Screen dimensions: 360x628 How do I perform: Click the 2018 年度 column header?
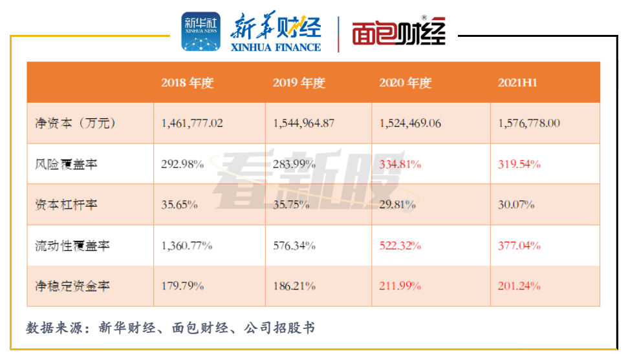pos(187,83)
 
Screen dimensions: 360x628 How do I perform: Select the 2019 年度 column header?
pos(299,83)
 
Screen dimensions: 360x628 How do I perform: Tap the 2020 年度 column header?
pos(405,83)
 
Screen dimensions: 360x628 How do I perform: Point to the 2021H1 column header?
pos(518,83)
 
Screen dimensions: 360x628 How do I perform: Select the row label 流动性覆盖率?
pos(72,246)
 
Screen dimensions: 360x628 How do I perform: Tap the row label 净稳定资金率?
pos(72,286)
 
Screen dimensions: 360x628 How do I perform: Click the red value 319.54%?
pos(519,164)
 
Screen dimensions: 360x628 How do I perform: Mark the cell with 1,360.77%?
pos(187,246)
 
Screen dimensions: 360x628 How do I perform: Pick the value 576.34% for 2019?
pos(294,246)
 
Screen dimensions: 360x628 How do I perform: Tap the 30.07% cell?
pos(516,205)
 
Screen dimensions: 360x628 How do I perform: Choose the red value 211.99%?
pos(400,286)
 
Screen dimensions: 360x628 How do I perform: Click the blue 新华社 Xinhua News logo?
pos(200,32)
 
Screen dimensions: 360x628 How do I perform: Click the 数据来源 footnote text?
pos(171,328)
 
